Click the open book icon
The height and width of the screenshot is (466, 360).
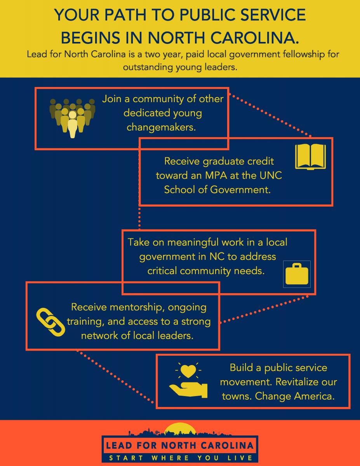coord(310,157)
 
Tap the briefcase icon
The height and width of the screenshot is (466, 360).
coord(297,274)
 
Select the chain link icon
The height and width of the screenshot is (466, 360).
coord(50,322)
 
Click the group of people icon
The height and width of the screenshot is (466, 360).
coord(73,118)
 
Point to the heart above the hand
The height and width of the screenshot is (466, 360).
coord(188,371)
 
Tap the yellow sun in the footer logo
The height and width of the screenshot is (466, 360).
coord(180,428)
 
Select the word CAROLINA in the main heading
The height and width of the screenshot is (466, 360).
coord(254,38)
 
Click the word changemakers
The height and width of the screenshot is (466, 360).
coord(161,127)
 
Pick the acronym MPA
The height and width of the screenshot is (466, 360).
coord(216,176)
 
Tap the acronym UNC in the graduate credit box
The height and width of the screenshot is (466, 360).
coord(271,176)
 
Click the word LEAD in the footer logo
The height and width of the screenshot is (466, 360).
coord(119,446)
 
